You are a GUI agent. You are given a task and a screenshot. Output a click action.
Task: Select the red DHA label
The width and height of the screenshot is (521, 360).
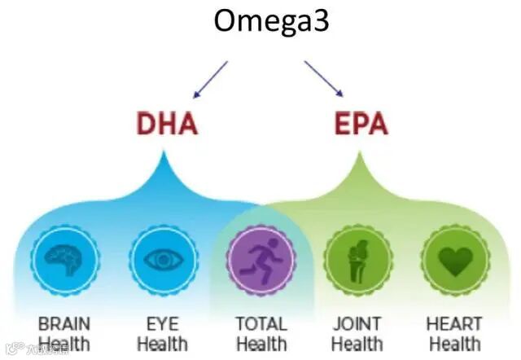[x=168, y=125]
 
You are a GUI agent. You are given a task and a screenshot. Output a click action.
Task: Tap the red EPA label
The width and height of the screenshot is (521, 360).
[x=361, y=125]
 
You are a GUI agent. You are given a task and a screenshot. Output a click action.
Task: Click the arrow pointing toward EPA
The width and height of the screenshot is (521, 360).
[x=324, y=78]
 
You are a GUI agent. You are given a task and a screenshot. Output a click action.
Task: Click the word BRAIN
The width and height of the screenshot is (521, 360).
[x=64, y=324]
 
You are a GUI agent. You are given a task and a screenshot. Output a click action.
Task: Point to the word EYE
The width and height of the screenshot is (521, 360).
[x=163, y=324]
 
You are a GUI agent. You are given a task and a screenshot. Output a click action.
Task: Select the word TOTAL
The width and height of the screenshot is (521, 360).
[x=260, y=324]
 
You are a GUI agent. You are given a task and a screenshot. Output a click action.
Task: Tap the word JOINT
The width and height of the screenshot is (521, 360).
[x=357, y=324]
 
